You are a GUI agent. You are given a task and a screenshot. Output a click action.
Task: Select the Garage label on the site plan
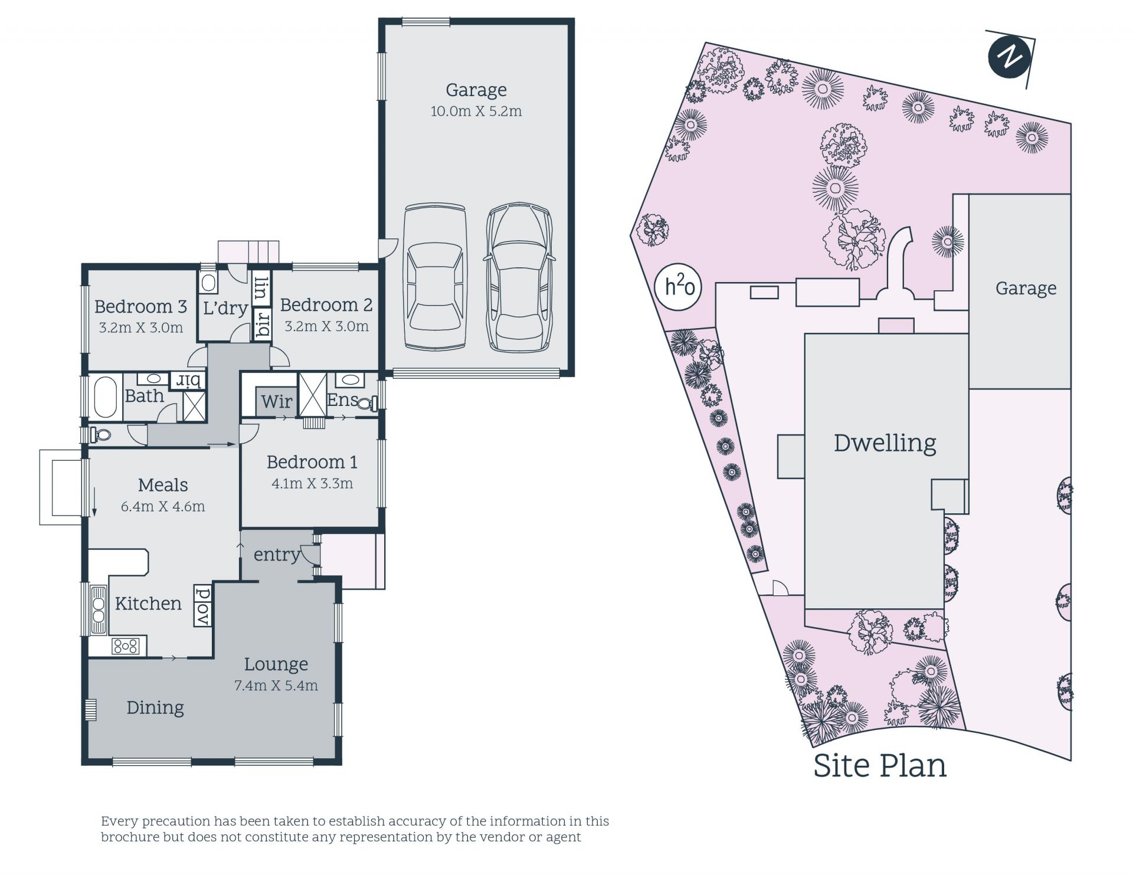point(1026,289)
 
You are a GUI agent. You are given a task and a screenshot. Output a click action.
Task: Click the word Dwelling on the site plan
point(885,443)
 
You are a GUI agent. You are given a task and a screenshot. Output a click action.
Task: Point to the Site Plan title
point(880,765)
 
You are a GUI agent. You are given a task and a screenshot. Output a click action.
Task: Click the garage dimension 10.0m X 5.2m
point(476,111)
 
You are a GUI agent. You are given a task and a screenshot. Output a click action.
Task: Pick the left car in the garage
point(434,277)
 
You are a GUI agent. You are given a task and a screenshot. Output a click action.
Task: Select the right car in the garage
point(519,277)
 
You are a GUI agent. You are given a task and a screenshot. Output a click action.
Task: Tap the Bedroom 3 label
point(140,306)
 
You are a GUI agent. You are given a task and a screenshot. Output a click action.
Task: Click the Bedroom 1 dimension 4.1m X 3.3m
point(312,483)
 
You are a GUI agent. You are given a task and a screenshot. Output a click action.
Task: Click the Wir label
point(276,401)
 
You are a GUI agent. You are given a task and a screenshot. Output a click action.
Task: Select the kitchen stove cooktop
point(126,646)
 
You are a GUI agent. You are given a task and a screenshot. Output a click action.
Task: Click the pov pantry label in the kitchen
point(202,606)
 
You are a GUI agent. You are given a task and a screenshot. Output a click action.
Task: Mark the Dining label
point(155,707)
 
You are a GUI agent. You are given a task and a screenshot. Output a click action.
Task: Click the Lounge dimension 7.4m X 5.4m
point(276,685)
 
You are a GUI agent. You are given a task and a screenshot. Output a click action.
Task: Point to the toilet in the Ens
point(368,404)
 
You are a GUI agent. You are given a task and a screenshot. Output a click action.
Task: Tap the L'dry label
point(225,308)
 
